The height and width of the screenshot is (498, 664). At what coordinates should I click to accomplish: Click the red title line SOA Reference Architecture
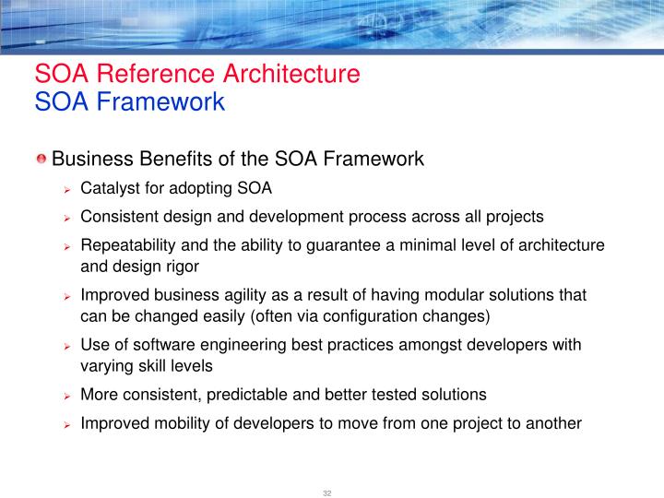pos(196,74)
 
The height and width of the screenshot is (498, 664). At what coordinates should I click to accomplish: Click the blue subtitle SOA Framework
pos(129,101)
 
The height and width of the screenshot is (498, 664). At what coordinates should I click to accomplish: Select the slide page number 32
pos(326,492)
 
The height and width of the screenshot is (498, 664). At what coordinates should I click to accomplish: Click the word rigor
pos(182,267)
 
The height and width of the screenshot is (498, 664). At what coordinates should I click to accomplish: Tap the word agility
pos(259,296)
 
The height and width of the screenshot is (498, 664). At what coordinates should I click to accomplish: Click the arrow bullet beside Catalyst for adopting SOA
pos(67,190)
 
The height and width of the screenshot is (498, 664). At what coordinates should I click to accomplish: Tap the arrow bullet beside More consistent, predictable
pos(67,396)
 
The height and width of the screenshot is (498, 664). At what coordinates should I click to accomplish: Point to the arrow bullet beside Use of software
pos(67,347)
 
